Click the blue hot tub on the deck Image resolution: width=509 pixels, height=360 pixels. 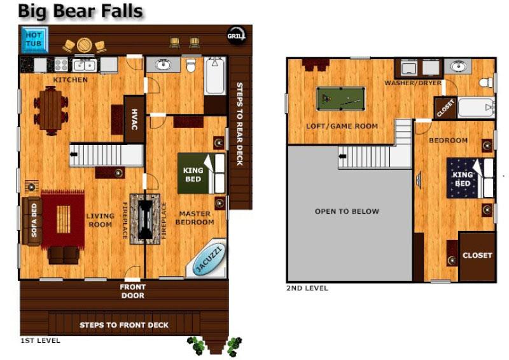pyautogui.click(x=35, y=39)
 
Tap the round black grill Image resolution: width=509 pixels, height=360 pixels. pyautogui.click(x=236, y=36)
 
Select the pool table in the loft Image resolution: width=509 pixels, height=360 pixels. pyautogui.click(x=341, y=99)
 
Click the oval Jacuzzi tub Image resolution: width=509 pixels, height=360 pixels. pyautogui.click(x=209, y=260)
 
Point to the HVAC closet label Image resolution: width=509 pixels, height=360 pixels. pyautogui.click(x=135, y=119)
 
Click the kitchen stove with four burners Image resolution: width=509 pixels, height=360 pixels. pyautogui.click(x=60, y=64)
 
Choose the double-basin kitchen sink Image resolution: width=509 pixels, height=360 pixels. pyautogui.click(x=85, y=65)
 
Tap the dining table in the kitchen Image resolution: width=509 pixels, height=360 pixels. pyautogui.click(x=50, y=111)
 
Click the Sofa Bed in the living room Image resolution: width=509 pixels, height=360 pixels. pyautogui.click(x=32, y=221)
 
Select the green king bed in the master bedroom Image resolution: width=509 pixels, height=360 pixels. pyautogui.click(x=201, y=174)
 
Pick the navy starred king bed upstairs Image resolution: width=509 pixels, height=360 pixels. pyautogui.click(x=470, y=178)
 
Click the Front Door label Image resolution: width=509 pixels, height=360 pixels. pyautogui.click(x=132, y=291)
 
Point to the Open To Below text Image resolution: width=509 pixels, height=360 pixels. pyautogui.click(x=347, y=211)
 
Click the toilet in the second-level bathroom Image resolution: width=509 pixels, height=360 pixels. pyautogui.click(x=485, y=83)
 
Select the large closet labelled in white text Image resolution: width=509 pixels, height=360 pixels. pyautogui.click(x=477, y=256)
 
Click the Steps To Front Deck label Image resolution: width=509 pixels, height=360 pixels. pyautogui.click(x=124, y=325)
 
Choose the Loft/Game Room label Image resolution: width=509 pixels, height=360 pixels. pyautogui.click(x=342, y=126)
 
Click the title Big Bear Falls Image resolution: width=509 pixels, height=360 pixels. pyautogui.click(x=80, y=11)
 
